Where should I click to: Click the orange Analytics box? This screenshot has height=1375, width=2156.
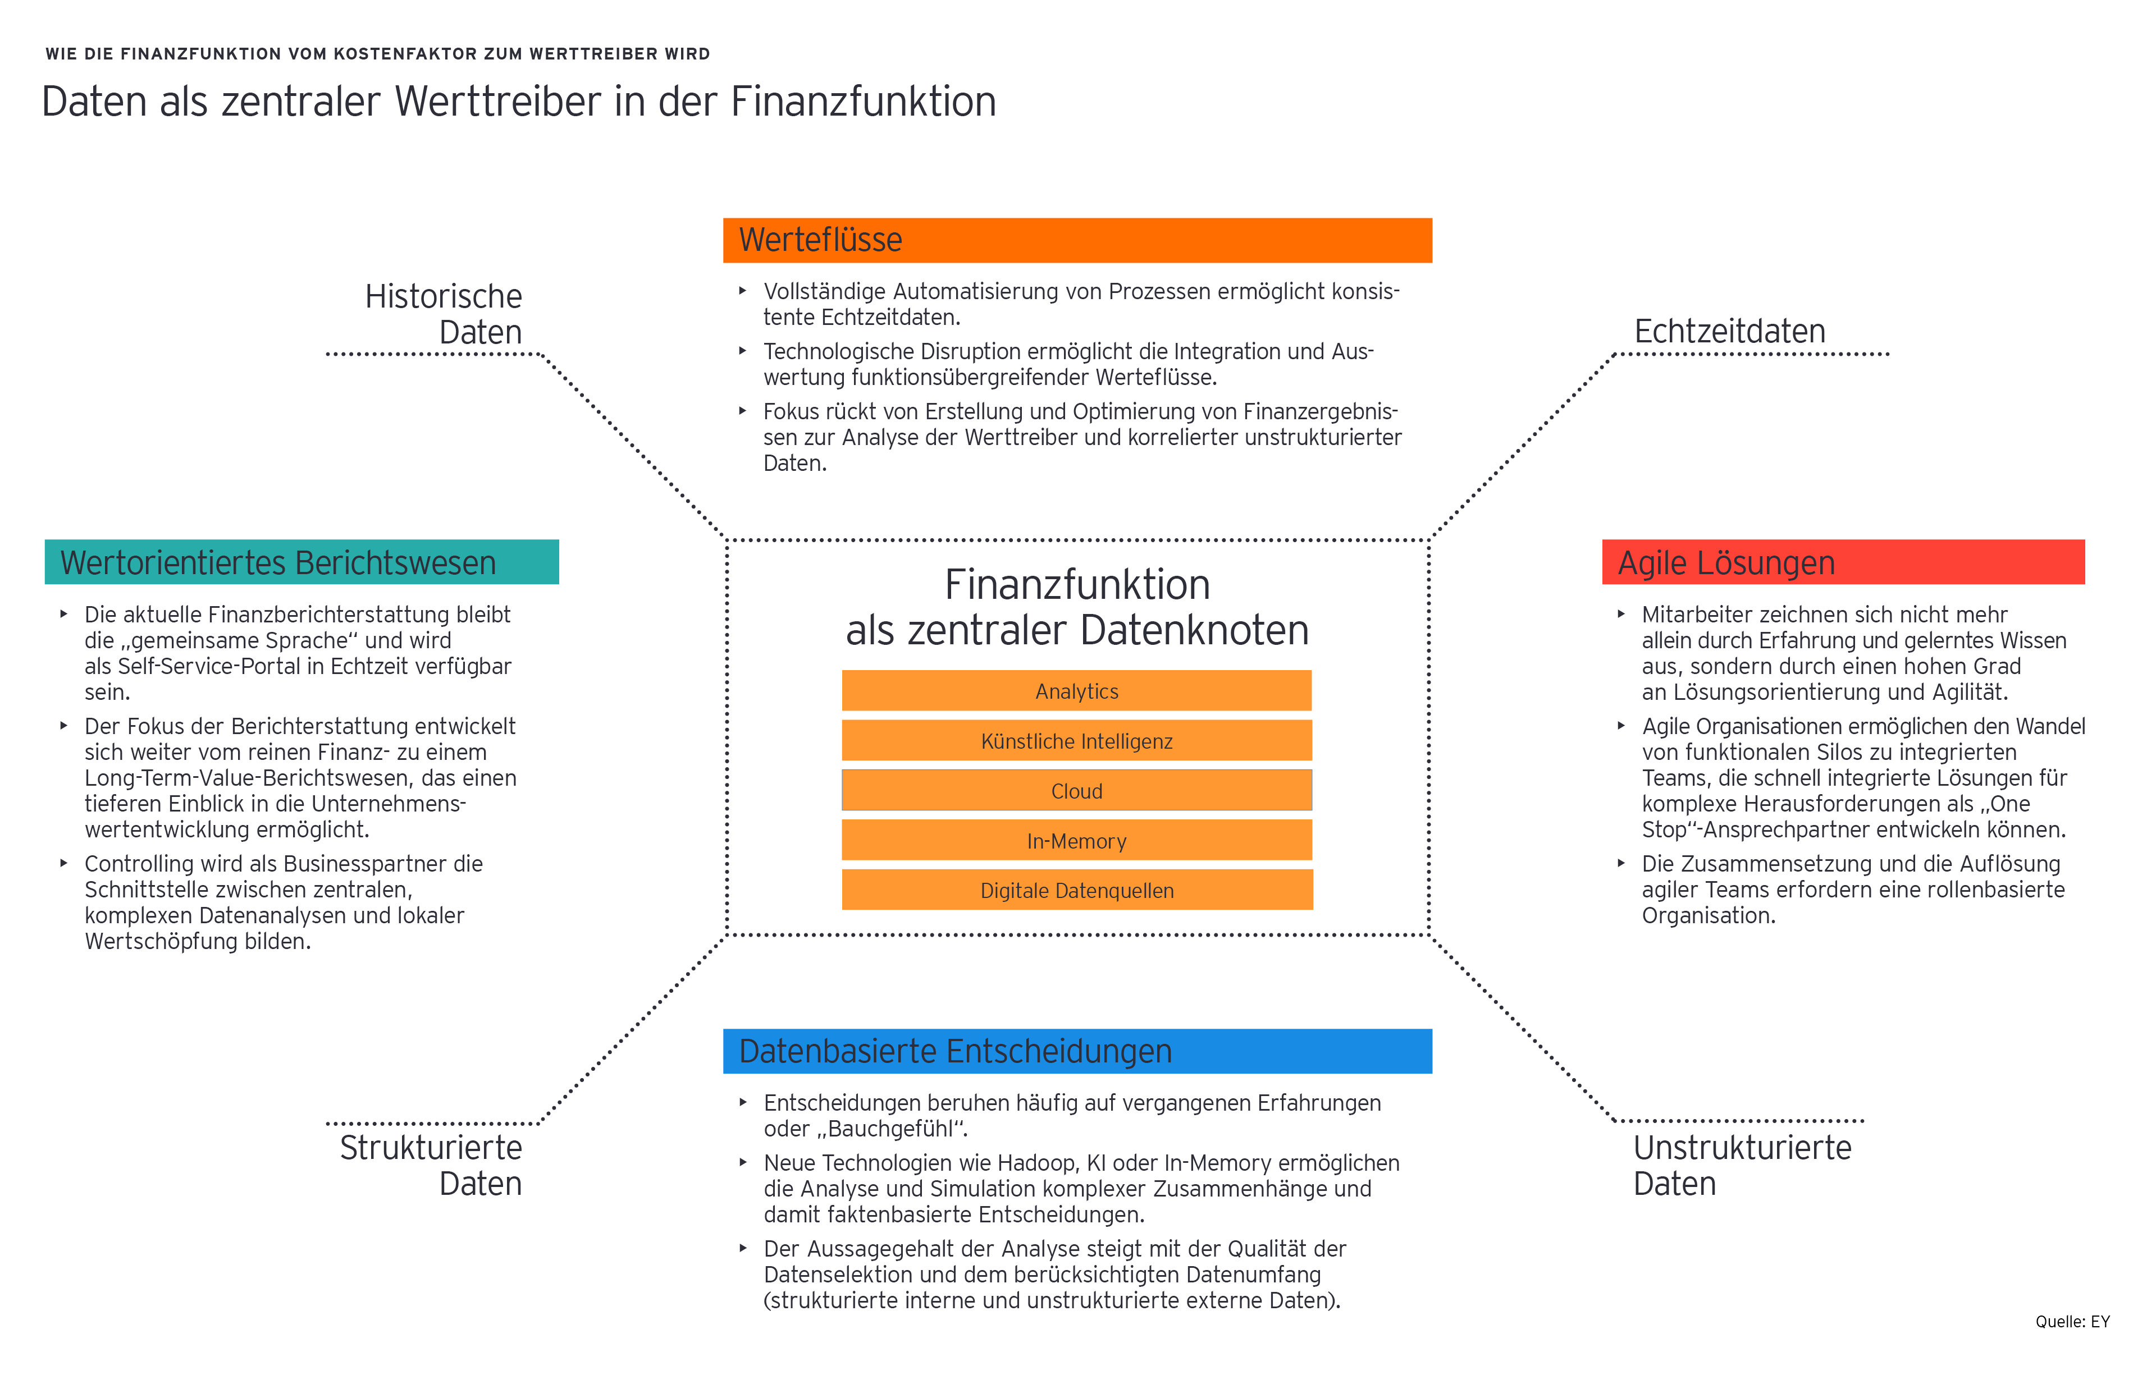click(1076, 691)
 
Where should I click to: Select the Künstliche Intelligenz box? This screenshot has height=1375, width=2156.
click(1076, 741)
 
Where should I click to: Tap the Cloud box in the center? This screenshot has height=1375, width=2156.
click(1076, 791)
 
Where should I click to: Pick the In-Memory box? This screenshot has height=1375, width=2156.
click(1076, 841)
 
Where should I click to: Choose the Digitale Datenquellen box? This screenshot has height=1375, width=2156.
click(1076, 891)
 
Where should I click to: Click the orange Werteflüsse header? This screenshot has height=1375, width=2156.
click(1076, 240)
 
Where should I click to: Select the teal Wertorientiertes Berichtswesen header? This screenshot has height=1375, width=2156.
click(302, 562)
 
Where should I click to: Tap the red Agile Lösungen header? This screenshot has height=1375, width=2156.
click(1843, 562)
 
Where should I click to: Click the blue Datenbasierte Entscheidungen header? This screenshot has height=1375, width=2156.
click(1076, 1051)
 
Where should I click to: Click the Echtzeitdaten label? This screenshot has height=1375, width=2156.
click(1729, 331)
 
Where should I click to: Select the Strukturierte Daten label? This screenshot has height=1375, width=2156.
click(432, 1166)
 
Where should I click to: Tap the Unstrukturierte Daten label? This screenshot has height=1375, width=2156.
click(1742, 1166)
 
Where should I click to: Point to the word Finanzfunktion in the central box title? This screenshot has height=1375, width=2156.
click(1077, 585)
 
